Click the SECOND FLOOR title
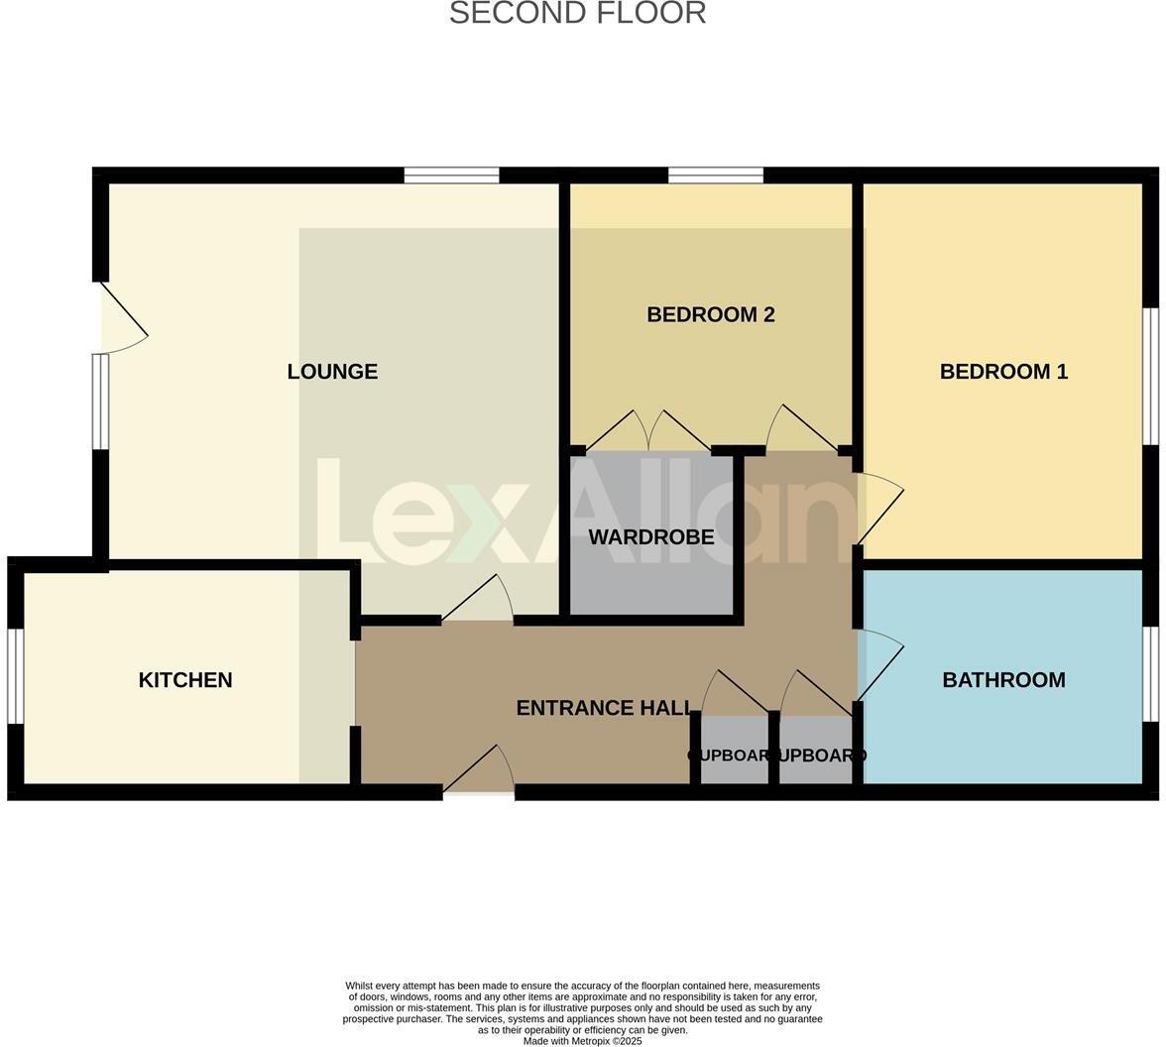(x=577, y=14)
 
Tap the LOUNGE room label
(x=332, y=372)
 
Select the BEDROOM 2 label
(x=710, y=315)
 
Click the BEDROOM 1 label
(x=1003, y=372)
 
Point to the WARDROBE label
(x=650, y=537)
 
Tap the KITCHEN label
(x=185, y=680)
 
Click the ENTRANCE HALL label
(x=604, y=708)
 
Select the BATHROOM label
(x=1003, y=680)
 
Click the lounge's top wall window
(x=451, y=175)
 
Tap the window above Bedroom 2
(x=715, y=175)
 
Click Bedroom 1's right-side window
(x=1150, y=376)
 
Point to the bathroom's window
(x=1150, y=673)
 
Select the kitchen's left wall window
(x=15, y=676)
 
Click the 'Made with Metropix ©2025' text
(x=582, y=1041)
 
